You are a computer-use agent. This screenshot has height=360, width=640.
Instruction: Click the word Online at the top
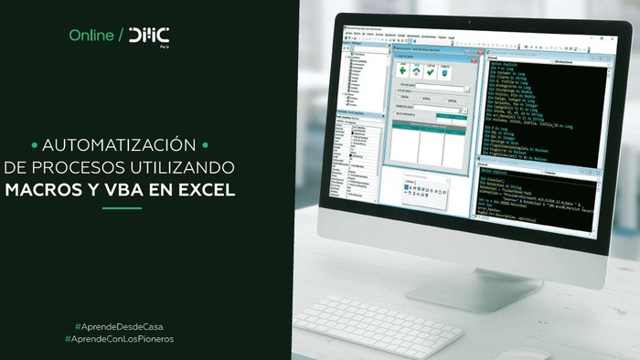click(x=91, y=36)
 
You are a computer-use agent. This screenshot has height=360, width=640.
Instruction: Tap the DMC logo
click(x=149, y=36)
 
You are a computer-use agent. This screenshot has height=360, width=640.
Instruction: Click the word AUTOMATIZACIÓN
click(x=120, y=145)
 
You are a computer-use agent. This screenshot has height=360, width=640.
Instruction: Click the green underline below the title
click(x=120, y=208)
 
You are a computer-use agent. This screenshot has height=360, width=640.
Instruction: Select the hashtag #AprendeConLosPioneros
click(x=120, y=339)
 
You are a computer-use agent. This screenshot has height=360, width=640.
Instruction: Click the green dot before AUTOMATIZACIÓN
click(x=34, y=145)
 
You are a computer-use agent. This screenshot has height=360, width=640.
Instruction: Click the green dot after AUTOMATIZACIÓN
click(x=206, y=145)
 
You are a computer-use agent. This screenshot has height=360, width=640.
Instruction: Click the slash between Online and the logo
click(x=122, y=36)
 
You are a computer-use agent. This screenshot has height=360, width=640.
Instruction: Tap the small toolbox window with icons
click(x=426, y=192)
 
